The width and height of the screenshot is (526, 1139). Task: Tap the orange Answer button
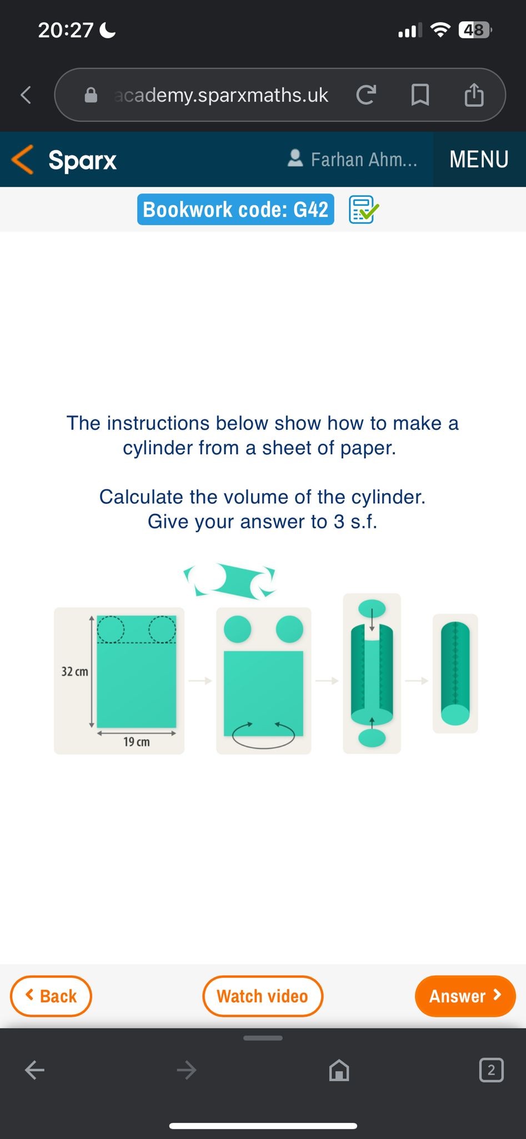[x=465, y=996]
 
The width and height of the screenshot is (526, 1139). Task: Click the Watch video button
[x=262, y=996]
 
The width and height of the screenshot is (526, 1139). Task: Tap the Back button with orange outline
[x=51, y=996]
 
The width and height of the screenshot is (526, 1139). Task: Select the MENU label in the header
[x=479, y=160]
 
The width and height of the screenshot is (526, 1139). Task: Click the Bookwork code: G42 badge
[x=236, y=210]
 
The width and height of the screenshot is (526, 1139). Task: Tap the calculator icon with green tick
[x=363, y=210]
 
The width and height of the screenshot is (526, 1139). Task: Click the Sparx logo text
[x=82, y=160]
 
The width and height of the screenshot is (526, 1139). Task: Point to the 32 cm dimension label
[x=74, y=671]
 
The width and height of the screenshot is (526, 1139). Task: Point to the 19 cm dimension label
[x=136, y=742]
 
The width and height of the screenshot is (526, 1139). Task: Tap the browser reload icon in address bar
[x=366, y=95]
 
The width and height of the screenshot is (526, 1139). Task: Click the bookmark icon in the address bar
[x=420, y=95]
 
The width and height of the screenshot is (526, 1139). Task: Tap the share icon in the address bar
[x=474, y=95]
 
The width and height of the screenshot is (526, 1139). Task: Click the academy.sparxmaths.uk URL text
[x=221, y=95]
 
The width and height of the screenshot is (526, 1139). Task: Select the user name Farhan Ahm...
[x=363, y=160]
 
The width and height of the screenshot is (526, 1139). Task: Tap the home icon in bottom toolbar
[x=339, y=1069]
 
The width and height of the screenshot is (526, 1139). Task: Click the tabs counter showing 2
[x=491, y=1069]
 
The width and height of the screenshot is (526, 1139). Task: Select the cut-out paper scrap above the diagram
[x=229, y=580]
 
